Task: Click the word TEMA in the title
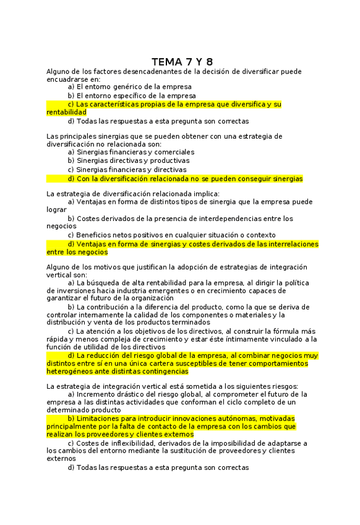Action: coord(166,62)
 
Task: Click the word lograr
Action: coord(57,210)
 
